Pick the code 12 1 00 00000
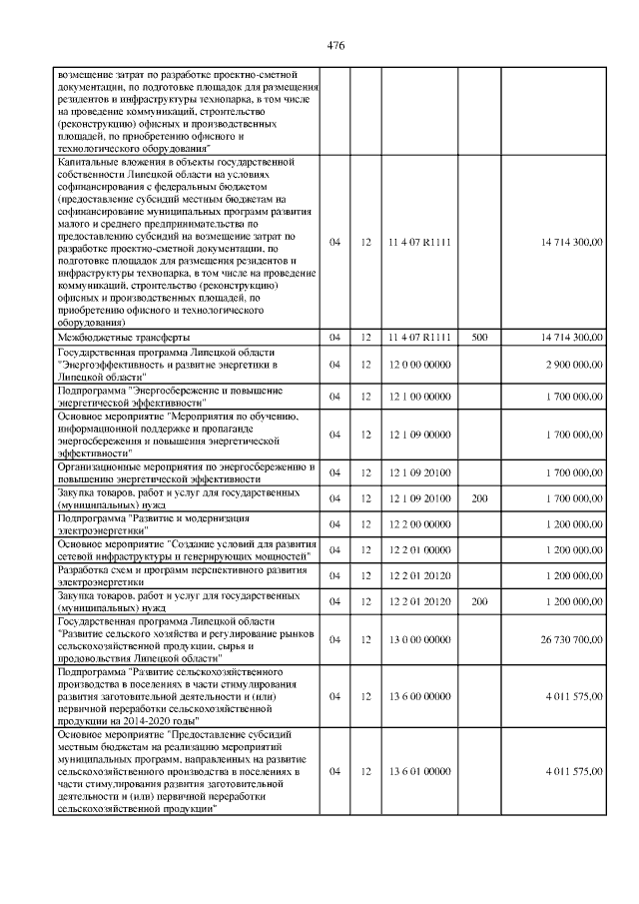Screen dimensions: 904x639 [x=419, y=397]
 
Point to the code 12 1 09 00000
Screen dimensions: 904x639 [x=419, y=435]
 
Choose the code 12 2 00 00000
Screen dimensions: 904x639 [x=419, y=523]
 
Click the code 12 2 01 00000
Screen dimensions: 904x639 [x=419, y=550]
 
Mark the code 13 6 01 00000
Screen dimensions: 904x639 [x=419, y=772]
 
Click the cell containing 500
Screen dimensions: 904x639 [x=479, y=338]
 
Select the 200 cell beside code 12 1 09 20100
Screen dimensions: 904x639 [x=479, y=497]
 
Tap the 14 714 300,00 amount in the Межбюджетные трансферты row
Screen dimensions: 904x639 [x=571, y=338]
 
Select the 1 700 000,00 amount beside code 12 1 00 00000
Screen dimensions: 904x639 [x=573, y=397]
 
